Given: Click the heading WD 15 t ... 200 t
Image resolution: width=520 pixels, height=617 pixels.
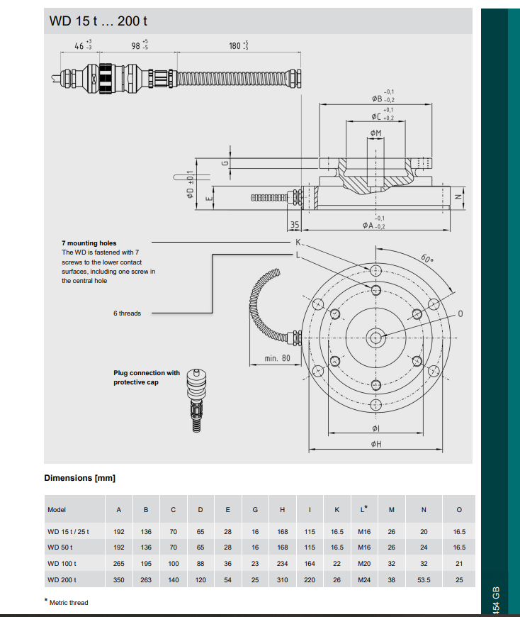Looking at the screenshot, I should pos(98,21).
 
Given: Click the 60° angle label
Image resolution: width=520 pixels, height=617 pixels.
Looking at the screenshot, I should pos(426,259).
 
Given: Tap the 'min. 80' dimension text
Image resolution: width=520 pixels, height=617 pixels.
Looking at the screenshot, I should pos(277,358).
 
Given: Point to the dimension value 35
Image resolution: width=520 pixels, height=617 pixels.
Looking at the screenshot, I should pos(295,225).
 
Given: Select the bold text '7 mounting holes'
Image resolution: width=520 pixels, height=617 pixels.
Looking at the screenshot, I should pos(89,243).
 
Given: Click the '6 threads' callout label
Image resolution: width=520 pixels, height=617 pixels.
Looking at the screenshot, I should pos(127,313).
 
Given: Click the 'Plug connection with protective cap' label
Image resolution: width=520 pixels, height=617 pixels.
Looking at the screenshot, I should pos(147,377).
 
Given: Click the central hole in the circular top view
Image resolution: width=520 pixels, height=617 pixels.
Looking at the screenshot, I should pos(375,336).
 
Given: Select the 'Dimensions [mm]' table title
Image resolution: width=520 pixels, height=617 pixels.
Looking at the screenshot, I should pos(79,478).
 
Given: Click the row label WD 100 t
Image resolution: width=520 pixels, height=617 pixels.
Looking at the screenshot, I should pos(62,563).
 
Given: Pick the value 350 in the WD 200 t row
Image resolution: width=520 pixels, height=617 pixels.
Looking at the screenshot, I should pos(119,579).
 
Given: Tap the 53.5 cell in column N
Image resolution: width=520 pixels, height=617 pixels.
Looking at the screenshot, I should pos(424,579).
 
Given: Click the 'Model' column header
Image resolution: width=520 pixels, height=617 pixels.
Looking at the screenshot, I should pos(57,510).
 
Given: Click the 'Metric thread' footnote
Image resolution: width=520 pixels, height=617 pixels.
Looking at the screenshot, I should pos(68,603).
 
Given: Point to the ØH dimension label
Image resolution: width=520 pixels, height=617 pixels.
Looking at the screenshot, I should pos(375,444).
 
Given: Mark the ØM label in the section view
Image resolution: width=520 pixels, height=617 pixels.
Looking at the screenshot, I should pos(375,133).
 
